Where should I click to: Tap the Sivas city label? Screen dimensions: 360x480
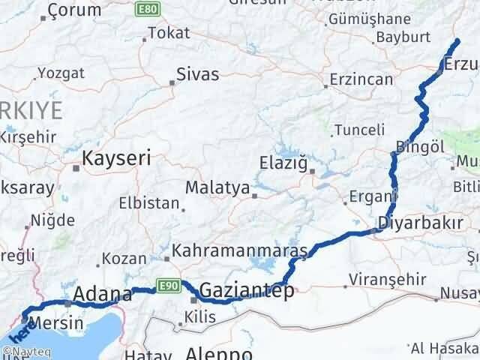[x=198, y=74]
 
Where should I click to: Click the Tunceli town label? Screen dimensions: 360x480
[x=358, y=130]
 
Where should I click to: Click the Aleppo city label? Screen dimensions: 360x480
[x=219, y=352]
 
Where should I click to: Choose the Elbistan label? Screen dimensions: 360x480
[x=149, y=203]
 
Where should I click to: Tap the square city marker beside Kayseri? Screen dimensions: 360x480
[x=76, y=167]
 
